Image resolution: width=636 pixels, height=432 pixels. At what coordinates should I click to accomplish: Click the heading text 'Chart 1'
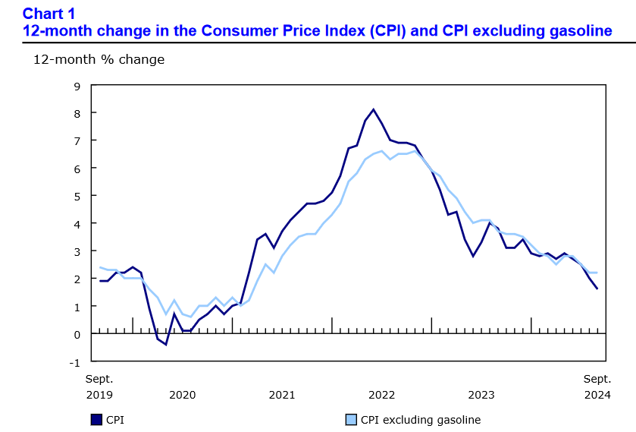[x=50, y=13]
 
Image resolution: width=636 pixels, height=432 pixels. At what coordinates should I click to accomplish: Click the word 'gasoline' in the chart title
[x=576, y=31]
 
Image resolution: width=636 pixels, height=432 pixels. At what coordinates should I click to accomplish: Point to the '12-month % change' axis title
[x=99, y=59]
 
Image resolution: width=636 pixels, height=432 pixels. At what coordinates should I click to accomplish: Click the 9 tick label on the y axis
[x=77, y=85]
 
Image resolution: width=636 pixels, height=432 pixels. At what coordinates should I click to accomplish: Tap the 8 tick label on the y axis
[x=77, y=113]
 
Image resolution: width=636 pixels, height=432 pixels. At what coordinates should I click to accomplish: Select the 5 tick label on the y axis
[x=77, y=196]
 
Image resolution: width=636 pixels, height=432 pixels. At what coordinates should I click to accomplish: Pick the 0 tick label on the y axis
[x=77, y=334]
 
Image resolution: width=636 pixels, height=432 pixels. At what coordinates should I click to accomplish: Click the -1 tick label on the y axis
[x=74, y=361]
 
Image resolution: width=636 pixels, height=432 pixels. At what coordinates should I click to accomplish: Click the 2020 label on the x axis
[x=182, y=395]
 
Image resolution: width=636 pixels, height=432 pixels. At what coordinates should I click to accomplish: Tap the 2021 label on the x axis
[x=282, y=395]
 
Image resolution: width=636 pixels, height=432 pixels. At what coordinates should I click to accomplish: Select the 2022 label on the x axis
[x=381, y=395]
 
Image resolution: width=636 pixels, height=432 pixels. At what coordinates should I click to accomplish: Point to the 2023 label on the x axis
[x=481, y=395]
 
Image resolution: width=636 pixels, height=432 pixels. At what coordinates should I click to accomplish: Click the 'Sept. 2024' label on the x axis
[x=597, y=386]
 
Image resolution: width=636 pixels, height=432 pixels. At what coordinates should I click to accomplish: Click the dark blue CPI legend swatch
[x=96, y=419]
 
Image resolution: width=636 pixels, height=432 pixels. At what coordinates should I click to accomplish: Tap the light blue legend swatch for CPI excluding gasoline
[x=351, y=419]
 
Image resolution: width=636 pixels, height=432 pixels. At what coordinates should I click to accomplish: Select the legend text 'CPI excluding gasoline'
[x=420, y=419]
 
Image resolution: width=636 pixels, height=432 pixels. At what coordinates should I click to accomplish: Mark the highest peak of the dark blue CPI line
[x=374, y=109]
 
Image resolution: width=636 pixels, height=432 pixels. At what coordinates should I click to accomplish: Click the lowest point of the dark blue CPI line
[x=165, y=345]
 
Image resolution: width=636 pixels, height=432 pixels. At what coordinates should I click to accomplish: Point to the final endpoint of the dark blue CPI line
[x=597, y=289]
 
